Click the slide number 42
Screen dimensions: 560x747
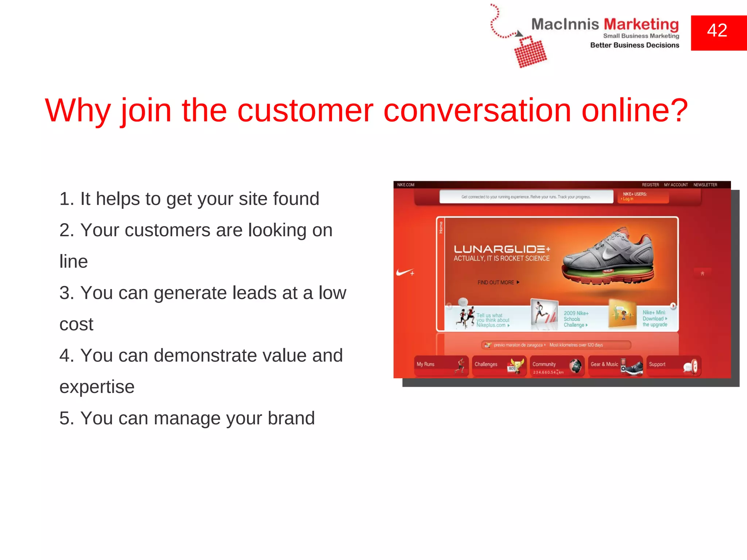point(717,31)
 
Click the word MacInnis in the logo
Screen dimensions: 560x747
point(565,24)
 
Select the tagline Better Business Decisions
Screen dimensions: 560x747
point(635,45)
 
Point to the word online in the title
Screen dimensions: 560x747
point(635,110)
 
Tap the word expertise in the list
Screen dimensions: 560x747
point(97,387)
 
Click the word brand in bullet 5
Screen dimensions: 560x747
point(291,419)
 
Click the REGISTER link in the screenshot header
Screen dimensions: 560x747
point(650,185)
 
